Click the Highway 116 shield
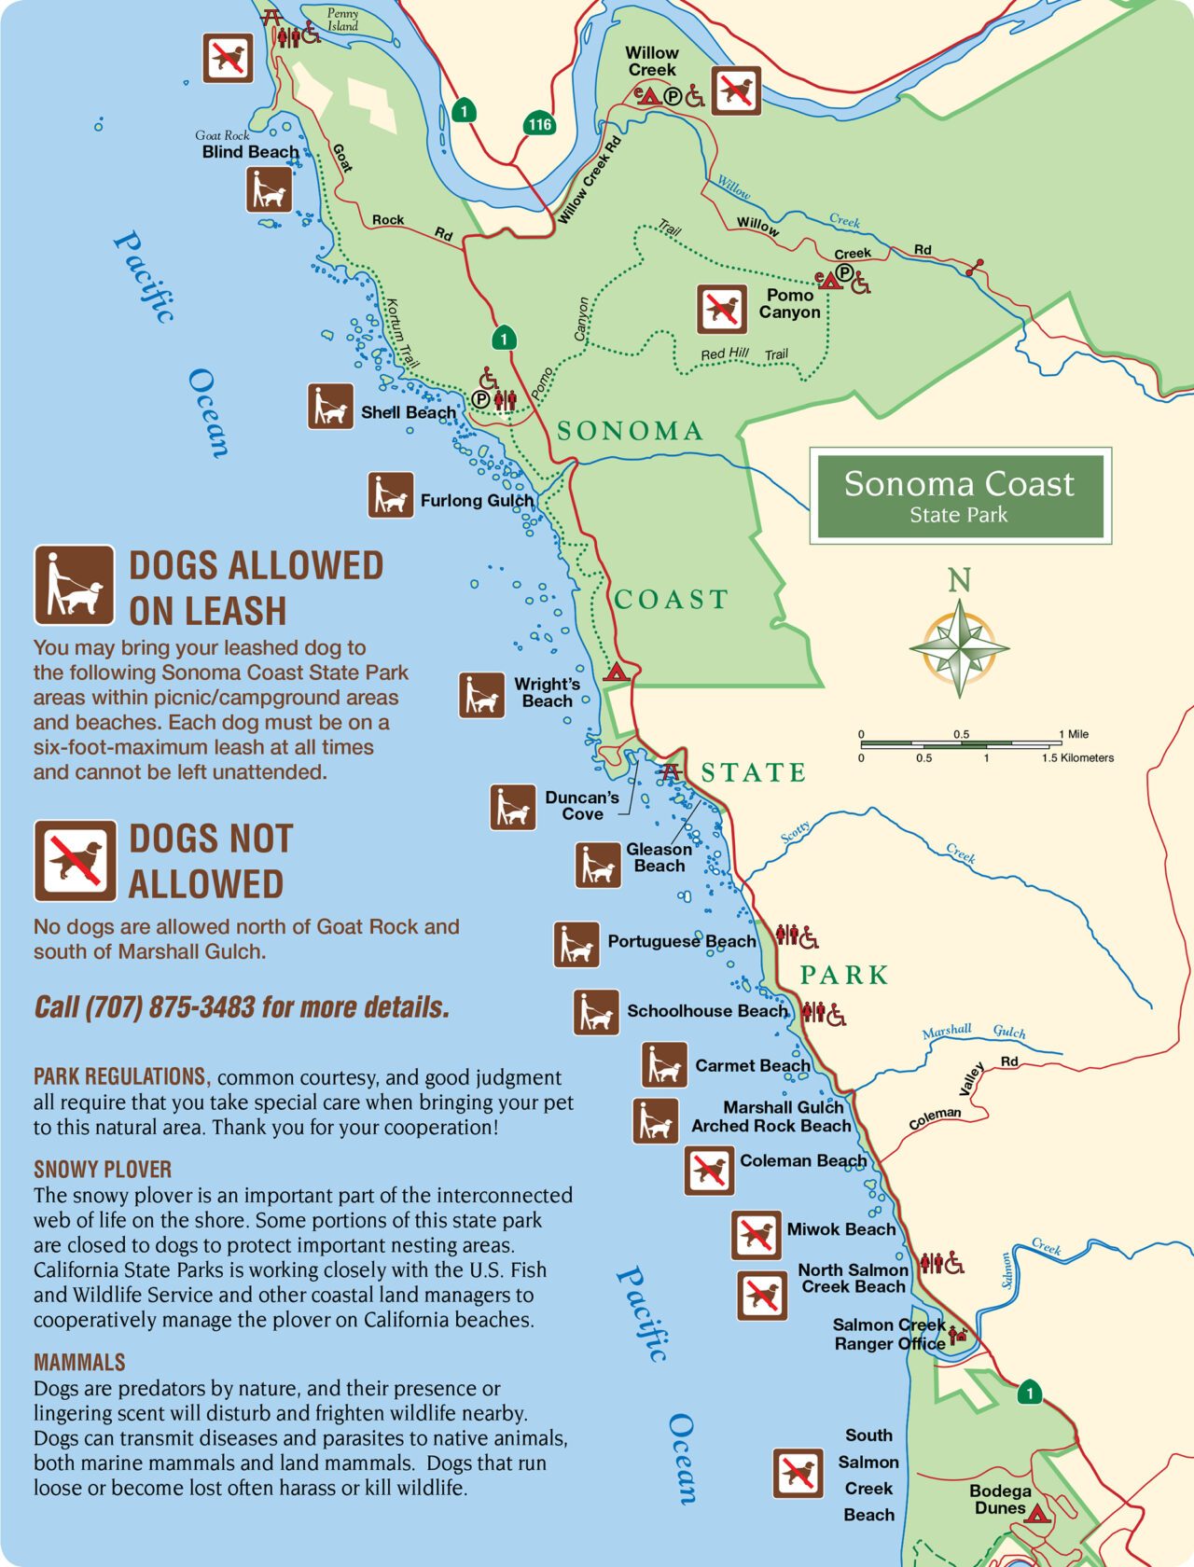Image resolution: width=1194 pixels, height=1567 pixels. (x=539, y=124)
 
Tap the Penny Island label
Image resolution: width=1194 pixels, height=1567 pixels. (x=342, y=20)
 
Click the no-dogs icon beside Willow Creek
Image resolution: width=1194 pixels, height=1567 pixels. (x=737, y=90)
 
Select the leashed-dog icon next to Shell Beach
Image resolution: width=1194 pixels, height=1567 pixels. (x=331, y=407)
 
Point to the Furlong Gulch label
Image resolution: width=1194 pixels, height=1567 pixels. (x=477, y=501)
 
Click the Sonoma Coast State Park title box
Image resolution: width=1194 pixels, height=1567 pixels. (x=960, y=495)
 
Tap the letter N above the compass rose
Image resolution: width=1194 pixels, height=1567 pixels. (x=960, y=580)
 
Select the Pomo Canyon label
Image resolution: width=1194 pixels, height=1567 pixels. (x=789, y=303)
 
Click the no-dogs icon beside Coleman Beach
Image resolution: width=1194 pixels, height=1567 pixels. (x=709, y=1171)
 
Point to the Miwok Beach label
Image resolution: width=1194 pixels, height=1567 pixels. (x=840, y=1229)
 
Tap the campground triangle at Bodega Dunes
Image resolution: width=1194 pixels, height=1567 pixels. (x=1036, y=1513)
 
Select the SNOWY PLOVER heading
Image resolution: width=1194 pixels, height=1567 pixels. (x=103, y=1170)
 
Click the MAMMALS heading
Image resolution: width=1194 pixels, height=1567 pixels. (x=79, y=1363)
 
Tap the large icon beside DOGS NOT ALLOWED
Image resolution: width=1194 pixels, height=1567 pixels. (x=76, y=860)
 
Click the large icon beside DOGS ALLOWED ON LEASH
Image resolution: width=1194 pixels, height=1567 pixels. (x=75, y=586)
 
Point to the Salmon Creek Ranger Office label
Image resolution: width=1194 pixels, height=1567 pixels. (x=889, y=1334)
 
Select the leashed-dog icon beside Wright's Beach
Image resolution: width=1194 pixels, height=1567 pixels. (x=481, y=695)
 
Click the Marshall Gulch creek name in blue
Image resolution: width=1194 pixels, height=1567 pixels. (x=974, y=1031)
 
